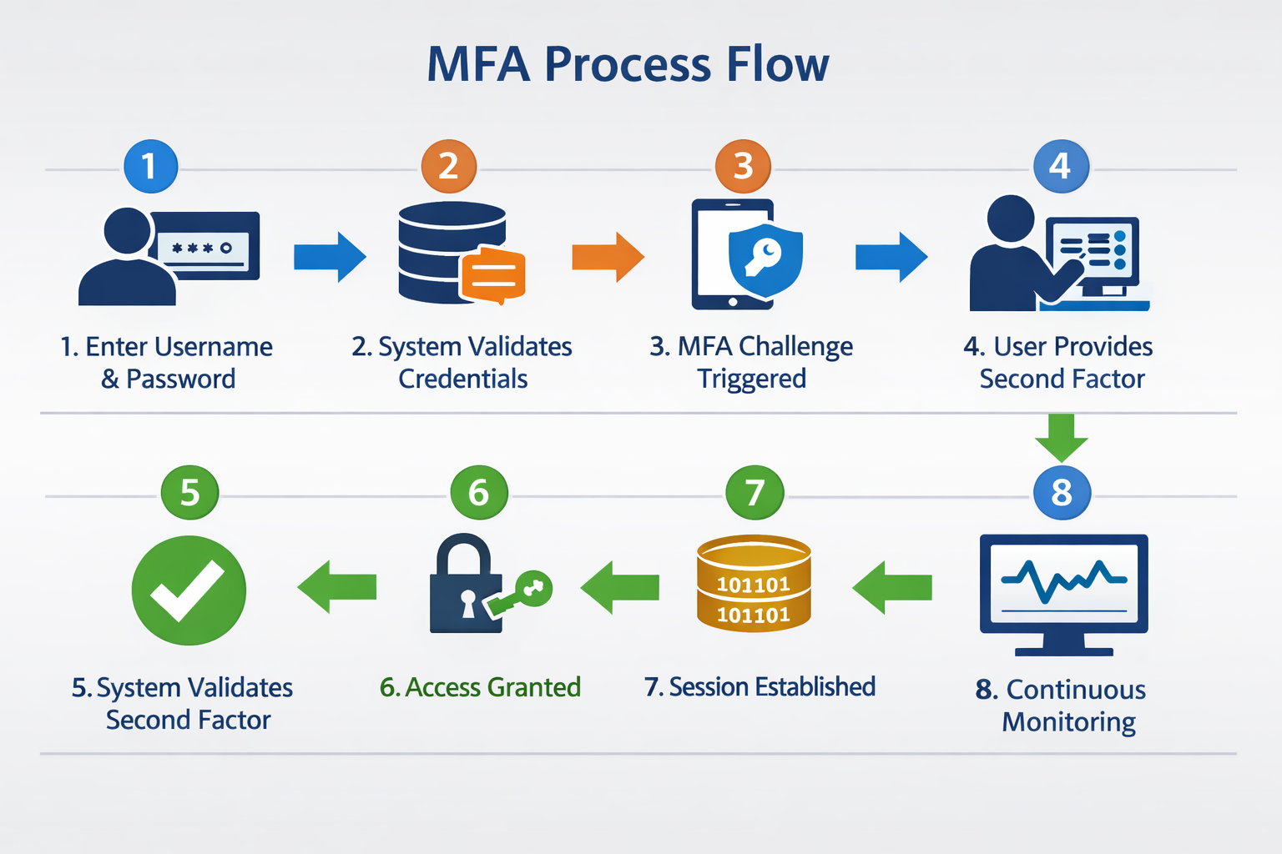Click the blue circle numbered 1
pyautogui.click(x=150, y=166)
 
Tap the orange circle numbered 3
pyautogui.click(x=743, y=166)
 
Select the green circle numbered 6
pyautogui.click(x=478, y=492)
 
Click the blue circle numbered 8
pyautogui.click(x=1061, y=492)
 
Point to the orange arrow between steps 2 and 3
pyautogui.click(x=608, y=257)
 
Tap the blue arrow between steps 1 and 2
pyautogui.click(x=330, y=257)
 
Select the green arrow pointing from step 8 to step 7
pyautogui.click(x=891, y=588)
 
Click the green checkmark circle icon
pyautogui.click(x=189, y=590)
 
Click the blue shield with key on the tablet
pyautogui.click(x=765, y=259)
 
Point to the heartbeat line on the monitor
pyautogui.click(x=1063, y=580)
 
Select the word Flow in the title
pyautogui.click(x=776, y=64)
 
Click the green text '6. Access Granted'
pyautogui.click(x=480, y=687)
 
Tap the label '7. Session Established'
pyautogui.click(x=760, y=686)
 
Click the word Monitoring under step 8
pyautogui.click(x=1068, y=721)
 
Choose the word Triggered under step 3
pyautogui.click(x=751, y=379)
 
